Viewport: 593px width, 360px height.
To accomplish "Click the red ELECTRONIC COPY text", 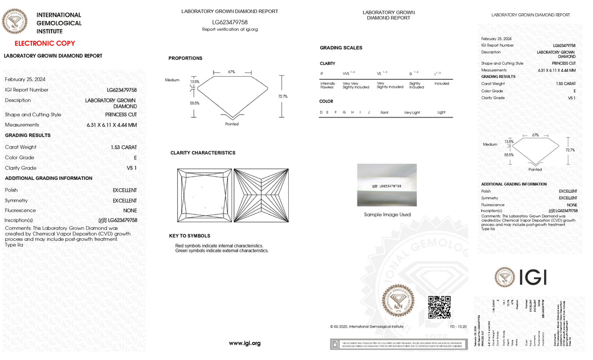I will click(x=44, y=43).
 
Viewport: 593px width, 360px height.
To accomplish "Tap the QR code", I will click(x=439, y=307).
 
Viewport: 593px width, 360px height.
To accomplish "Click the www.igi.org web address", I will click(x=244, y=343).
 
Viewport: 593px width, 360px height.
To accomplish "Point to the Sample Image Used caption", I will click(x=387, y=215).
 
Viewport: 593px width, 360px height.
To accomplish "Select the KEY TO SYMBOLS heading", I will click(x=189, y=236).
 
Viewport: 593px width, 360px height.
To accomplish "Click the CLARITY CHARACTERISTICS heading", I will click(x=203, y=153).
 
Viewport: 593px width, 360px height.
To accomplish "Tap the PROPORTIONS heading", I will click(x=185, y=58).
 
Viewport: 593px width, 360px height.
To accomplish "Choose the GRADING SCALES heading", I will click(x=341, y=48).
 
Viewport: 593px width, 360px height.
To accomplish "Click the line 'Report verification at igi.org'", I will click(x=230, y=29).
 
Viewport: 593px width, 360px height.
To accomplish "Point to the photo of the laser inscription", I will click(x=387, y=185).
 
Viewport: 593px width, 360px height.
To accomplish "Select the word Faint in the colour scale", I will click(x=384, y=113).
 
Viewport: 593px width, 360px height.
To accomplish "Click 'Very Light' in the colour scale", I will click(x=412, y=113).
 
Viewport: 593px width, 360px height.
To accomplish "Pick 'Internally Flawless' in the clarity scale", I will click(x=328, y=85).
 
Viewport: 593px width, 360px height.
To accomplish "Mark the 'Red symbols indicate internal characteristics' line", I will click(x=219, y=245).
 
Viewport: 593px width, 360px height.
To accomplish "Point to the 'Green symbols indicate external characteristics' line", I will click(x=222, y=250).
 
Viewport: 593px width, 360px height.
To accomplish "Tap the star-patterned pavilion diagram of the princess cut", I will click(x=261, y=195).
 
